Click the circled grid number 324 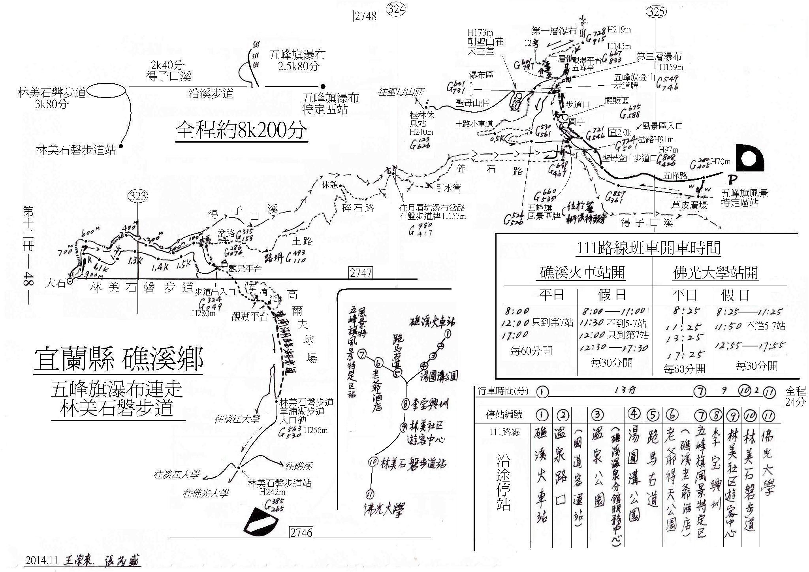[396, 9]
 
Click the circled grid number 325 [656, 13]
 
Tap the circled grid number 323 [137, 196]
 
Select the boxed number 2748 [366, 16]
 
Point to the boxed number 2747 [361, 273]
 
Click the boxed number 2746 [301, 532]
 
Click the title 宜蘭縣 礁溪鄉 [119, 359]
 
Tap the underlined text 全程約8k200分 [241, 130]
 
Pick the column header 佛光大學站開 [715, 273]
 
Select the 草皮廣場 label [689, 205]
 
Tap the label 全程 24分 [796, 397]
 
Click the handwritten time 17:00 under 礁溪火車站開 [515, 335]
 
